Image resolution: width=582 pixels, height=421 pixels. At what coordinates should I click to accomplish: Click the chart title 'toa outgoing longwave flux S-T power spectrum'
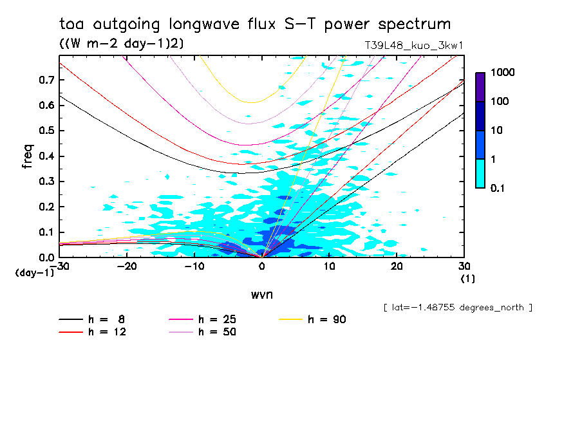pyautogui.click(x=255, y=24)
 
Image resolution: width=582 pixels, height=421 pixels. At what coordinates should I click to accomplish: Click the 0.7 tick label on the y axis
pyautogui.click(x=45, y=80)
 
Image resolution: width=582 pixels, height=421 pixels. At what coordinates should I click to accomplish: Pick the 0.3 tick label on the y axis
pyautogui.click(x=45, y=182)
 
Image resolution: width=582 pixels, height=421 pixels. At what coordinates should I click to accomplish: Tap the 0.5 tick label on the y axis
pyautogui.click(x=45, y=131)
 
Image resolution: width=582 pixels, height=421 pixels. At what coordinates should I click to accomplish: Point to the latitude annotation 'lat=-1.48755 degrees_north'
pyautogui.click(x=457, y=307)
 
